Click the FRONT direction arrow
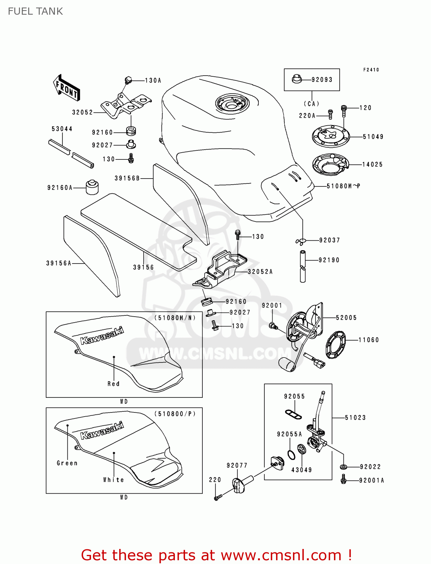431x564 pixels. point(67,88)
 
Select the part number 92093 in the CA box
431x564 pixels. point(322,80)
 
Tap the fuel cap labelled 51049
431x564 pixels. point(331,136)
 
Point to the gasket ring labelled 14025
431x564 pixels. point(330,164)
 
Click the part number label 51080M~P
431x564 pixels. point(343,186)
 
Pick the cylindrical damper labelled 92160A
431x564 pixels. point(92,187)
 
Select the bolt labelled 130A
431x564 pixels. point(128,80)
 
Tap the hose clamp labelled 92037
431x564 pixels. point(301,241)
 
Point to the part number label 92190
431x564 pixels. point(329,260)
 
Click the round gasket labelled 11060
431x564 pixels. point(335,344)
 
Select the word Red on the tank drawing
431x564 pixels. point(114,384)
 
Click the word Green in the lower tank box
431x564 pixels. point(67,463)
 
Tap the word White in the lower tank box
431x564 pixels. point(114,480)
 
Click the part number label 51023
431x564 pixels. point(355,418)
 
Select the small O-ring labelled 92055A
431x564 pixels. point(291,455)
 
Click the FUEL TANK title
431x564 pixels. point(35,11)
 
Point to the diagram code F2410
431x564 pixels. point(371,70)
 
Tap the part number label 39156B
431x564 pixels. point(127,178)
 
